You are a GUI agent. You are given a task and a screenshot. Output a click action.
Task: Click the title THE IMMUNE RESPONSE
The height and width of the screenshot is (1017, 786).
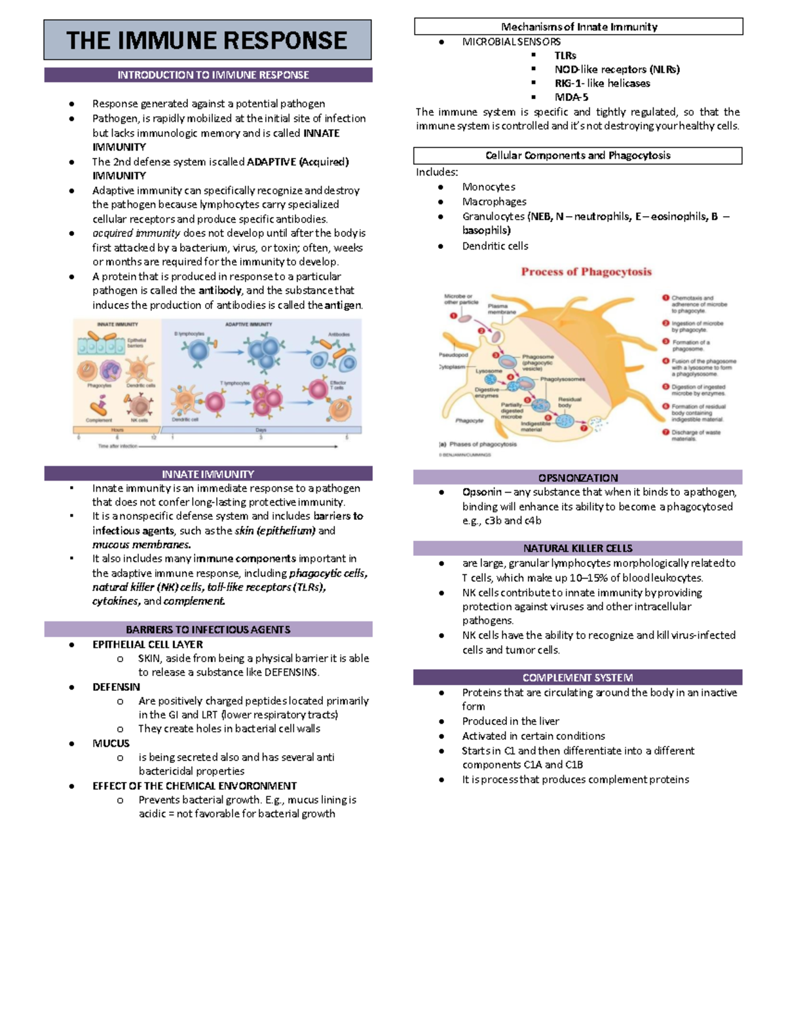point(207,41)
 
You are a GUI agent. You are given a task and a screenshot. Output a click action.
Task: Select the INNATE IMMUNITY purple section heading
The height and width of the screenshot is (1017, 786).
point(208,473)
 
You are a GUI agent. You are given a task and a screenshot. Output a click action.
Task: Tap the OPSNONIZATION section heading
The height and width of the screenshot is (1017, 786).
point(578,477)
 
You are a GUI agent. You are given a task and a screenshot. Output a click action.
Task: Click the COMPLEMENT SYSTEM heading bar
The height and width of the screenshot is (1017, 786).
point(578,677)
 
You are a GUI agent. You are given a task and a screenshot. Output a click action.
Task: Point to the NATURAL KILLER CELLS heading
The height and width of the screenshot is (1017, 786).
point(578,548)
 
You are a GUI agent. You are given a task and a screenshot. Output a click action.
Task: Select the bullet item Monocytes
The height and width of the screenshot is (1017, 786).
point(489,187)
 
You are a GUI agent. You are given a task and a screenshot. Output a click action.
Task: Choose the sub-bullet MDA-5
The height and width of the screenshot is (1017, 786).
point(571,97)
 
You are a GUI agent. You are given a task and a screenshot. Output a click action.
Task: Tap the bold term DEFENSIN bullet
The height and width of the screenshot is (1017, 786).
point(116,687)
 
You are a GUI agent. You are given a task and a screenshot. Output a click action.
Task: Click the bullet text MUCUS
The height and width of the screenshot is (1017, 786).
point(111,743)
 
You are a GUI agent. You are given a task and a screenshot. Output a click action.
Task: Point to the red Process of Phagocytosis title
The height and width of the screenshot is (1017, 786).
point(586,272)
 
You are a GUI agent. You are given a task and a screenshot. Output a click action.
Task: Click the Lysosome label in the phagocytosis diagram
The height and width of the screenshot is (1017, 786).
point(489,371)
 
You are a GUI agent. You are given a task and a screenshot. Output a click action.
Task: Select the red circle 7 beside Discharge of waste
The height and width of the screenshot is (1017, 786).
point(665,432)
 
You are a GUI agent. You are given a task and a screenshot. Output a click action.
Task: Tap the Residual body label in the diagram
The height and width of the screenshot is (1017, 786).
point(569,402)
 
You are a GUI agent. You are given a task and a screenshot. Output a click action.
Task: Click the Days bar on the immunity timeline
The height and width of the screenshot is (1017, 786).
point(261,430)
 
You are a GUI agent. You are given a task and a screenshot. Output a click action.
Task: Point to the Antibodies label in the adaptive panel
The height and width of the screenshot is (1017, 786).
point(339,334)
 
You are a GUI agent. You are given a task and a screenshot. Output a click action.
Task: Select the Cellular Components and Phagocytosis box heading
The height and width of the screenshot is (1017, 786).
point(578,155)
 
